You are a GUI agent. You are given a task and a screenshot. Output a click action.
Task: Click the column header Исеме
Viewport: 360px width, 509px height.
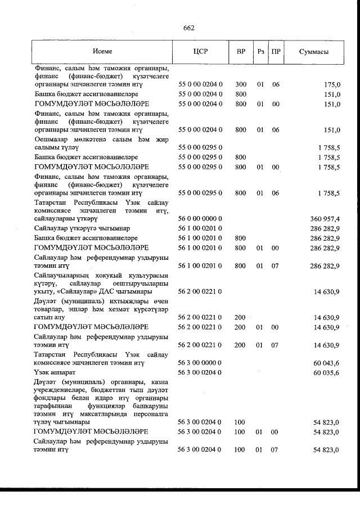pos(102,52)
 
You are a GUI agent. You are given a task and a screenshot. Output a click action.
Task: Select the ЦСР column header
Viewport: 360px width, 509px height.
pos(200,52)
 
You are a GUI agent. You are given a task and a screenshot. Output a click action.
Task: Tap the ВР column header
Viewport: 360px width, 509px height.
pos(240,52)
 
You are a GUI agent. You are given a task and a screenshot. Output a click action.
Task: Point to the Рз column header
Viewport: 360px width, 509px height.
pos(260,52)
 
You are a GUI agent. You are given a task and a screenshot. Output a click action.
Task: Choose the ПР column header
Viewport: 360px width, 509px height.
pos(276,52)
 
